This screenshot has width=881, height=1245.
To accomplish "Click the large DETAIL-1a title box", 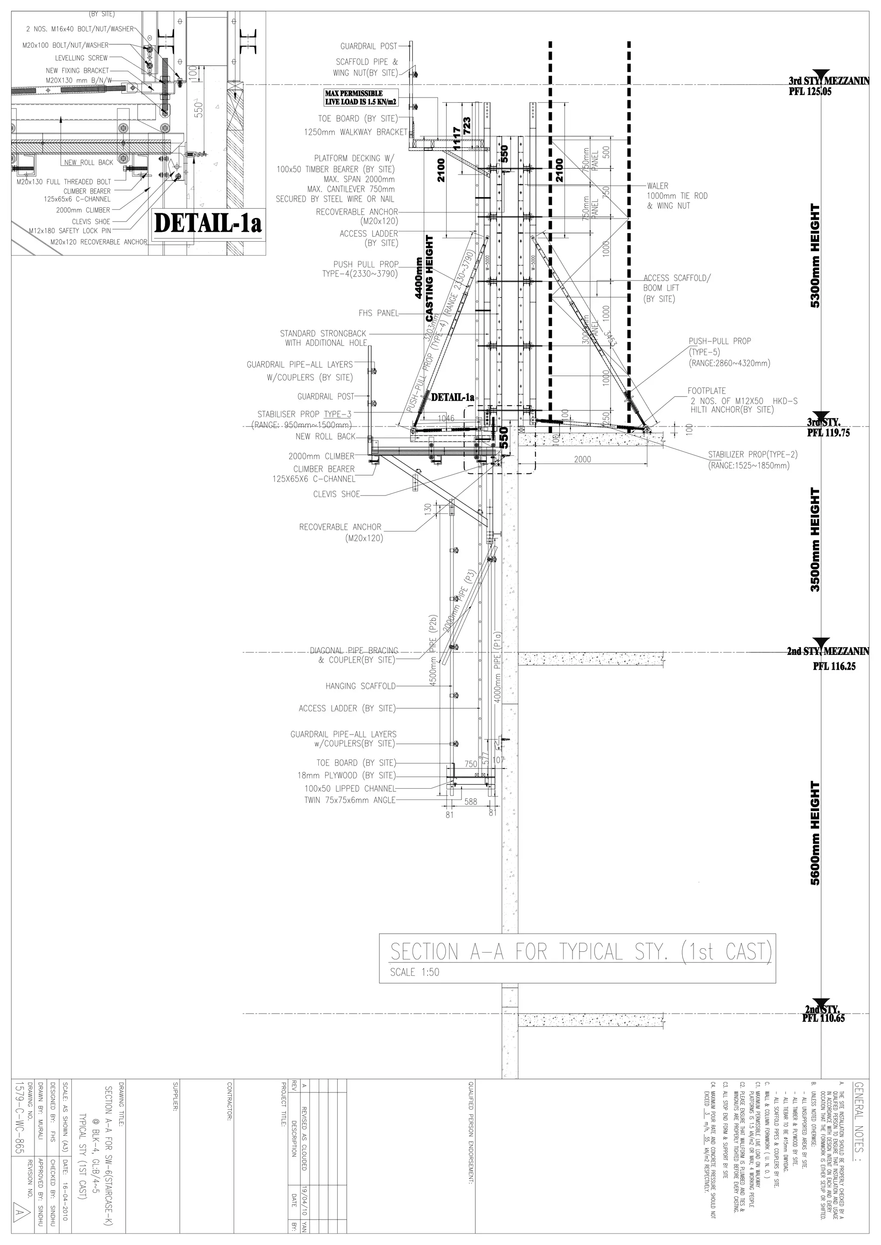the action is click(208, 223).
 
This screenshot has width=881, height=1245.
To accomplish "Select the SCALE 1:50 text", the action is click(414, 972).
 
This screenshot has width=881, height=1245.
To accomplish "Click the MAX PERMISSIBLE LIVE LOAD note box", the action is click(361, 98).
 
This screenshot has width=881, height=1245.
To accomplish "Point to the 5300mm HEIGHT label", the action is click(814, 255).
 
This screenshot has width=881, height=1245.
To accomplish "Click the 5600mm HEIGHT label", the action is click(814, 833).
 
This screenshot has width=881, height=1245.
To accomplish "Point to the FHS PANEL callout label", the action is click(378, 313).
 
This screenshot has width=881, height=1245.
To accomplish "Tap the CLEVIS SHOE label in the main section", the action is click(336, 494).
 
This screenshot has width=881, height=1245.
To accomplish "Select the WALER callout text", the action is click(657, 185).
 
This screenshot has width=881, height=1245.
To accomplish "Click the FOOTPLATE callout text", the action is click(706, 390).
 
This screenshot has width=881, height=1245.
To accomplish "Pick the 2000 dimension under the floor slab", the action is click(582, 459).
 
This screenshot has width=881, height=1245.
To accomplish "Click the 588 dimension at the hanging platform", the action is click(471, 802).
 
